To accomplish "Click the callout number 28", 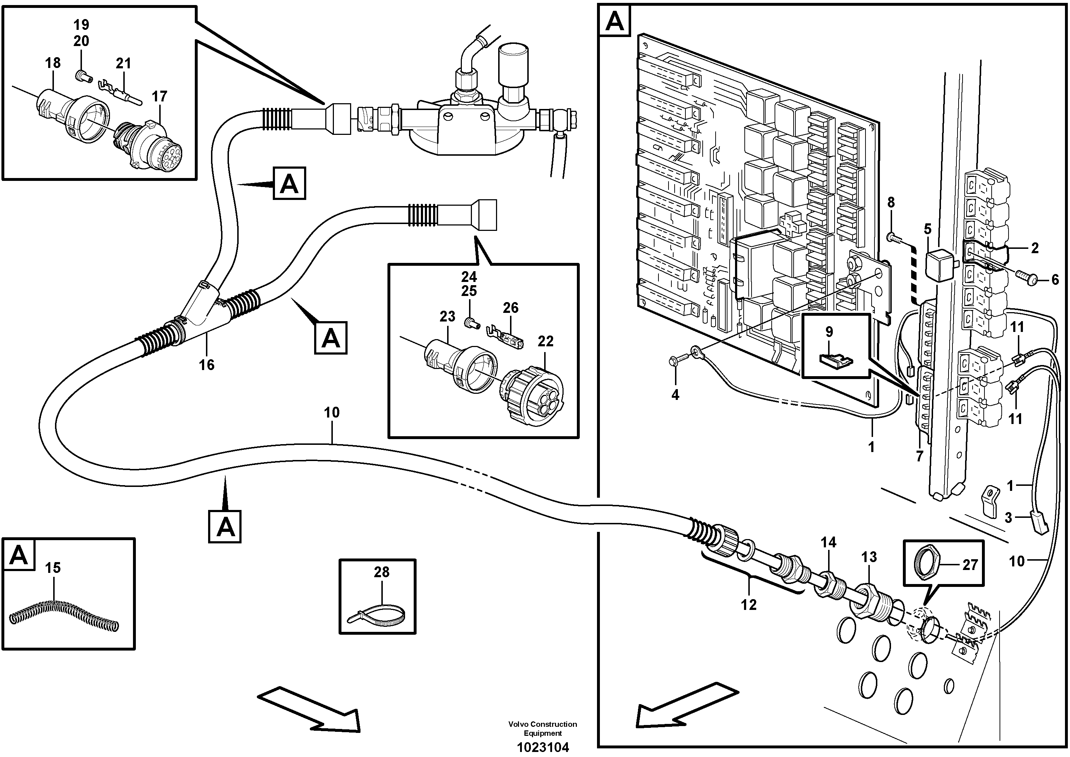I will coord(381,572).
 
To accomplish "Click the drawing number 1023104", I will coord(543,747).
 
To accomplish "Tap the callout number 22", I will coord(545,341).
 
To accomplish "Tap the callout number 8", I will coord(891,202).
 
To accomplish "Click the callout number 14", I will coord(828,542).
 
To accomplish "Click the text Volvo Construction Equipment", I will coord(542,729).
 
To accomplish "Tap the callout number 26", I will coord(510,307).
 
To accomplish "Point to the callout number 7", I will coord(919,456).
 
